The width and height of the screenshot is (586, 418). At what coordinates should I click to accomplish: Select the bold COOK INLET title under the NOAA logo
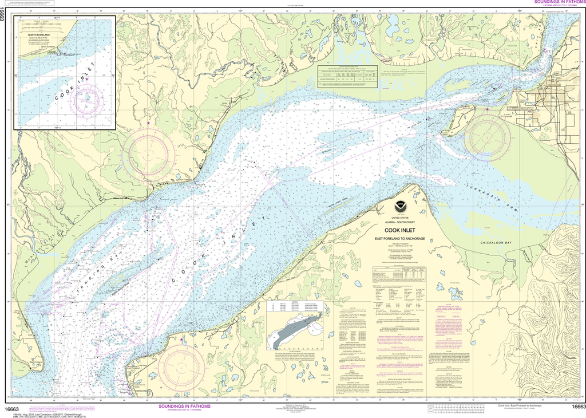tap(400, 231)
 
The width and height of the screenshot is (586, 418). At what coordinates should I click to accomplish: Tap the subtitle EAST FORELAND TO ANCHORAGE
tap(400, 238)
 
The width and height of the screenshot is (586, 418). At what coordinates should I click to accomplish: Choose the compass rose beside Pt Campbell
tap(487, 138)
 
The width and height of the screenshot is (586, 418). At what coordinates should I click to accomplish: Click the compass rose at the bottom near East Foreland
tap(181, 366)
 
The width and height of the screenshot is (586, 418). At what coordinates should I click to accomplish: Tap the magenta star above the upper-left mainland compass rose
tap(149, 123)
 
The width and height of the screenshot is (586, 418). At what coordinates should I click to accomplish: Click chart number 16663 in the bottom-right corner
tap(575, 407)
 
